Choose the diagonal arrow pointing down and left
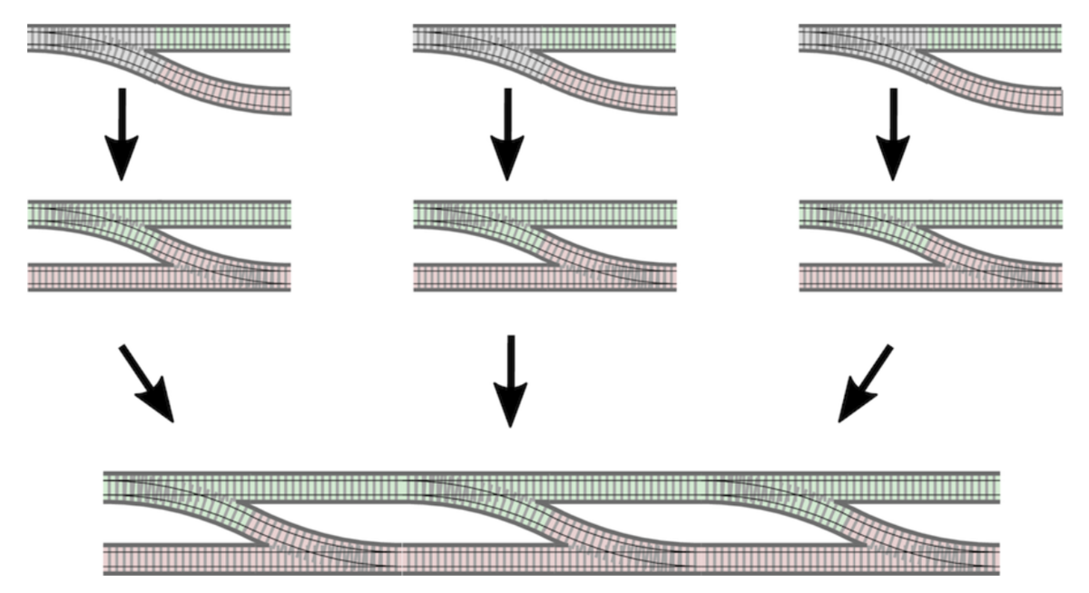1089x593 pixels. coord(863,383)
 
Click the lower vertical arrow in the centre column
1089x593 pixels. coord(510,381)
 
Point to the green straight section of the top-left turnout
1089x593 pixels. coord(222,38)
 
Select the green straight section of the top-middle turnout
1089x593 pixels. coord(608,38)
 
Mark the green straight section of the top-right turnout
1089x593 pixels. coord(995,38)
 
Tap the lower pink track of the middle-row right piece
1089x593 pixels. coord(862,276)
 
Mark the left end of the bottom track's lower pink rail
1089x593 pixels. coord(113,558)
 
